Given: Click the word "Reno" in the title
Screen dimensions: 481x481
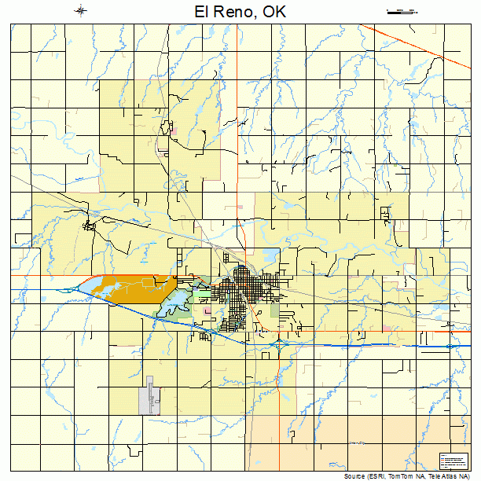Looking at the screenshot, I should (x=235, y=12).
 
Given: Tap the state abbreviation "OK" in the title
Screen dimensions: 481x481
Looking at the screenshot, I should (x=274, y=12).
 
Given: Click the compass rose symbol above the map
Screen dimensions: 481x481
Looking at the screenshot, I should (x=81, y=10).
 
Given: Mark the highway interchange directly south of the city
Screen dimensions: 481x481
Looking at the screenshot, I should (x=280, y=343).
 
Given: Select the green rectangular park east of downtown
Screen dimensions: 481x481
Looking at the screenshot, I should (x=274, y=310).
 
